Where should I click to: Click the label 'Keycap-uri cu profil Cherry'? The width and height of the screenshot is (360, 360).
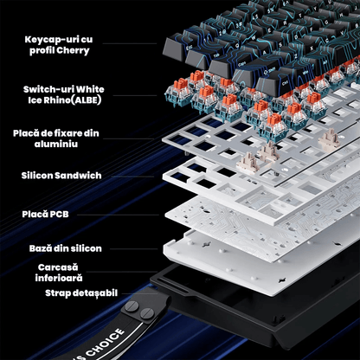click(x=59, y=45)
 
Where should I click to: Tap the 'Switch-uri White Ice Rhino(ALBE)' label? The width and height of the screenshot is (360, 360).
click(x=64, y=94)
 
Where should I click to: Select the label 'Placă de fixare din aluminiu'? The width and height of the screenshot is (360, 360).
click(x=56, y=138)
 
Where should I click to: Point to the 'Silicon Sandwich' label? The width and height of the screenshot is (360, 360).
click(x=61, y=176)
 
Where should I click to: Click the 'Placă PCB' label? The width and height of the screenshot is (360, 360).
click(x=45, y=214)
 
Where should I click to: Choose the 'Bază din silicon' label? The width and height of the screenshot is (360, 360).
click(x=65, y=248)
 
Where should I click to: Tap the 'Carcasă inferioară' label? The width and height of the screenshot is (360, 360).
click(x=59, y=273)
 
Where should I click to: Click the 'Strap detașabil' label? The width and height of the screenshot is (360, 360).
click(x=81, y=293)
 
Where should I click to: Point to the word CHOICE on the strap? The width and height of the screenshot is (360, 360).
click(x=105, y=343)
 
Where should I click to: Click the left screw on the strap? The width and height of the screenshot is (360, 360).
click(x=132, y=305)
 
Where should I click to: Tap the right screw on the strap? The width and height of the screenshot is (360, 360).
click(x=147, y=312)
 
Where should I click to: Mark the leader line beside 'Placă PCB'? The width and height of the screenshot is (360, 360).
click(x=118, y=215)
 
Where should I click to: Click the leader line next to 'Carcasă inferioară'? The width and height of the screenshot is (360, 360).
click(x=122, y=272)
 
